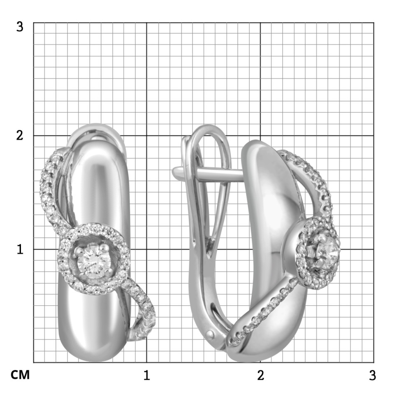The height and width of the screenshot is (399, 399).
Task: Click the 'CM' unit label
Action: coord(20,375)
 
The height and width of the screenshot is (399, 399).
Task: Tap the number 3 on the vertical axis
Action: coord(20,26)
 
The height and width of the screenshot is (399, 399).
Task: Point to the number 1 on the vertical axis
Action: coord(20,249)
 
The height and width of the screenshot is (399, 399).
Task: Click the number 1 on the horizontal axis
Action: coord(146,375)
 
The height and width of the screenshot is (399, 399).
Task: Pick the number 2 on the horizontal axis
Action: coord(260,375)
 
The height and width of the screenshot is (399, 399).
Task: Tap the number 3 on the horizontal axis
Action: coord(373,375)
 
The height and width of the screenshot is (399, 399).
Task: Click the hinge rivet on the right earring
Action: coord(211,334)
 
